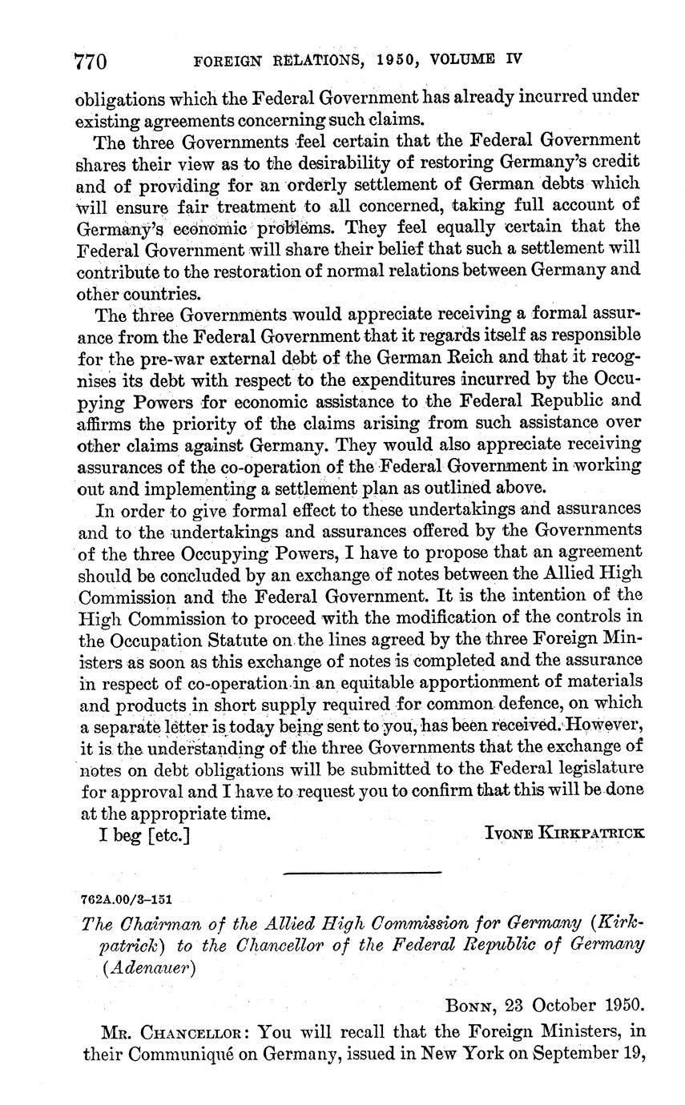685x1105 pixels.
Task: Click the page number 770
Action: [x=91, y=61]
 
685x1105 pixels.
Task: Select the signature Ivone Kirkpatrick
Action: [x=564, y=833]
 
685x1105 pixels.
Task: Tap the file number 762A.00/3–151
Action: [x=126, y=899]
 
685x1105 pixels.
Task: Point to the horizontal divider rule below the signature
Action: [x=362, y=871]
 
